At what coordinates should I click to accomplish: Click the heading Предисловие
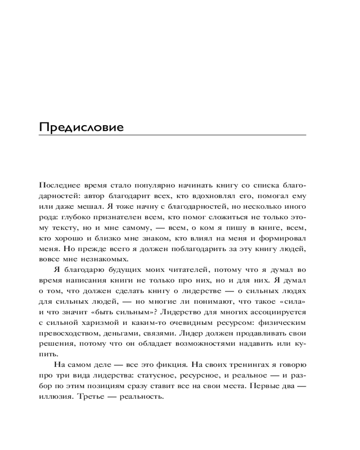click(81, 127)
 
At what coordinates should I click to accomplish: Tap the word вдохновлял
click(185, 196)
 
